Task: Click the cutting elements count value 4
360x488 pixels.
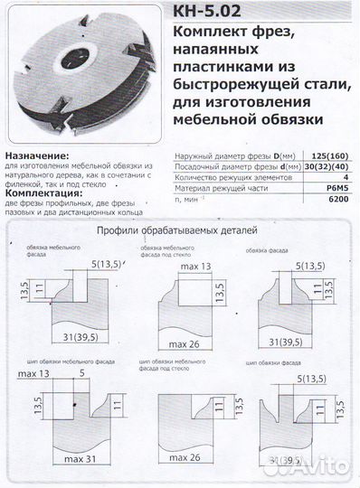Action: pos(344,178)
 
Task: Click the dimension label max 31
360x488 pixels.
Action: pos(81,466)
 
